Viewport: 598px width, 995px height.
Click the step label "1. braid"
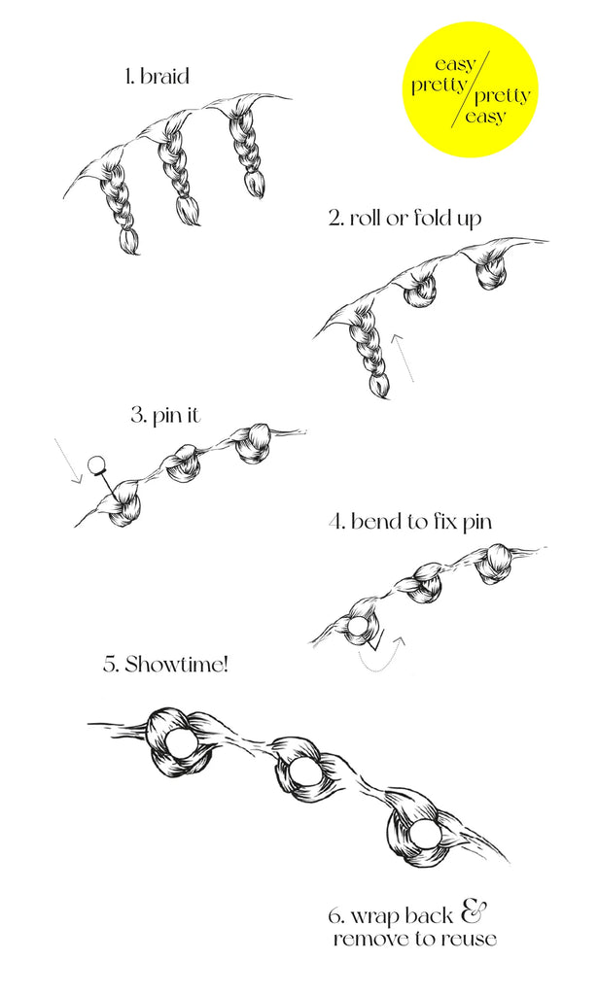pyautogui.click(x=156, y=76)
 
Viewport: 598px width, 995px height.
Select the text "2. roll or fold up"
pyautogui.click(x=405, y=217)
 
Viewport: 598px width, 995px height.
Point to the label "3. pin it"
pyautogui.click(x=167, y=416)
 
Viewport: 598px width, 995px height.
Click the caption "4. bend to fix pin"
pyautogui.click(x=409, y=522)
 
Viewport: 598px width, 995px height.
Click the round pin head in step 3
pyautogui.click(x=96, y=465)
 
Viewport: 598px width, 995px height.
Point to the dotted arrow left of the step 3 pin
pyautogui.click(x=66, y=460)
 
